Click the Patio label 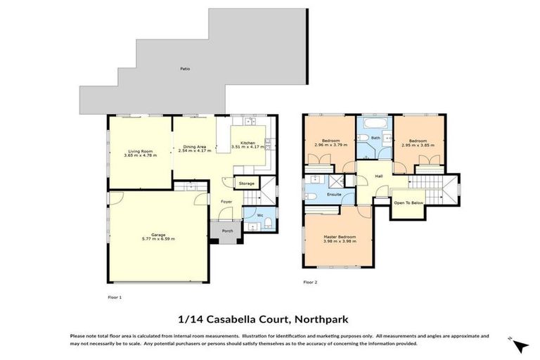point(184,69)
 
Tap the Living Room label point(141,151)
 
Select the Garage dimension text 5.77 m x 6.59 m point(157,239)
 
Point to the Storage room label point(246,184)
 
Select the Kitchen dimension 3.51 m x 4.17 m point(247,147)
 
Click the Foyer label point(226,202)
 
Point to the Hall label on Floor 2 point(378,176)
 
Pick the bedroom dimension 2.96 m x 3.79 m point(331,146)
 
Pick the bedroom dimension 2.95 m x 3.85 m point(418,146)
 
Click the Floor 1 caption point(115,297)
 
